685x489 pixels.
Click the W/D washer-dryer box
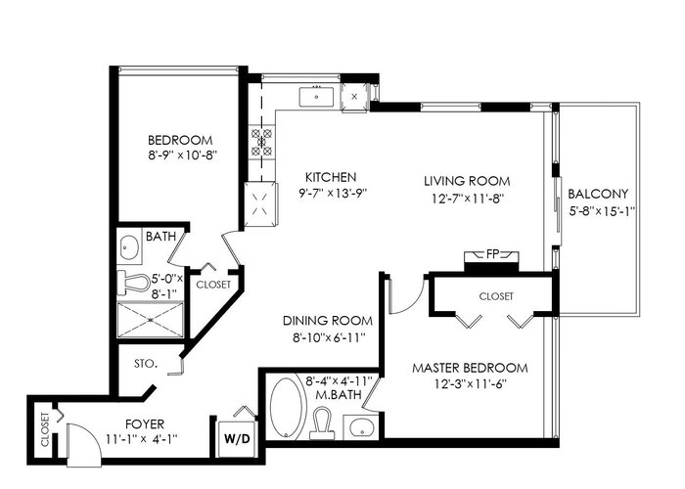(x=237, y=438)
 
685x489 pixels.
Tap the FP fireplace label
(x=492, y=254)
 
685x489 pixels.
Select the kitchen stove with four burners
(x=261, y=142)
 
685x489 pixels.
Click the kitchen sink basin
(x=316, y=97)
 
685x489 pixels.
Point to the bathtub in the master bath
(x=286, y=408)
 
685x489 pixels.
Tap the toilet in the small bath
(x=134, y=283)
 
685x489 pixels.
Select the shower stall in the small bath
(x=151, y=320)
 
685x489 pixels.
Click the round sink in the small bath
(x=129, y=247)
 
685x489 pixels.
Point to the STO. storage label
(x=146, y=363)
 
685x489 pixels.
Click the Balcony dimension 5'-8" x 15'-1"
(x=602, y=211)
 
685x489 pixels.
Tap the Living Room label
(x=467, y=181)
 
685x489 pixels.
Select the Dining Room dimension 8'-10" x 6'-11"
(x=328, y=337)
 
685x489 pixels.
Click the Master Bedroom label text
(x=470, y=368)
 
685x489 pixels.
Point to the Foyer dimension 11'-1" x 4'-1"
(x=142, y=438)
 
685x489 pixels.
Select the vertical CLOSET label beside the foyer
(x=45, y=429)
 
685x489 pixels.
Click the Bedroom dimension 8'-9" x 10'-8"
(x=183, y=156)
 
